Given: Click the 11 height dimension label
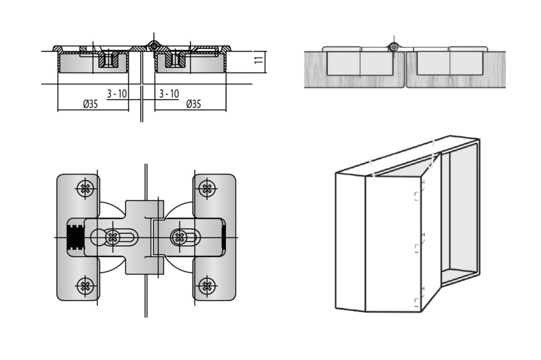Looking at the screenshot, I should coord(258,60).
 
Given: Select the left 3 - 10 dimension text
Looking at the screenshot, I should coord(117,94).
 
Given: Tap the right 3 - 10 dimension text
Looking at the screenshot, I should coord(169,94).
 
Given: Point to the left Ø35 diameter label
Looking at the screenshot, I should coord(90,104).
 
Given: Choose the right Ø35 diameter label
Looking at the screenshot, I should coord(193,104).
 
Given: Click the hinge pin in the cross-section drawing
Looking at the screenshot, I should coord(153,46).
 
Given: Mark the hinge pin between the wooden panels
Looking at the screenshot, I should coord(393,47).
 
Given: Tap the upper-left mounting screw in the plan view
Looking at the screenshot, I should coord(85,188).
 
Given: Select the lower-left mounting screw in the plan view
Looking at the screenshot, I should coord(85,286).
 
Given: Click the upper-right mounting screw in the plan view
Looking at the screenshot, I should coord(207,188).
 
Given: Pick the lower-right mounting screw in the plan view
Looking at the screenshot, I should coord(207,286).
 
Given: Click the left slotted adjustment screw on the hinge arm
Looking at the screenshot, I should coord(111,237).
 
